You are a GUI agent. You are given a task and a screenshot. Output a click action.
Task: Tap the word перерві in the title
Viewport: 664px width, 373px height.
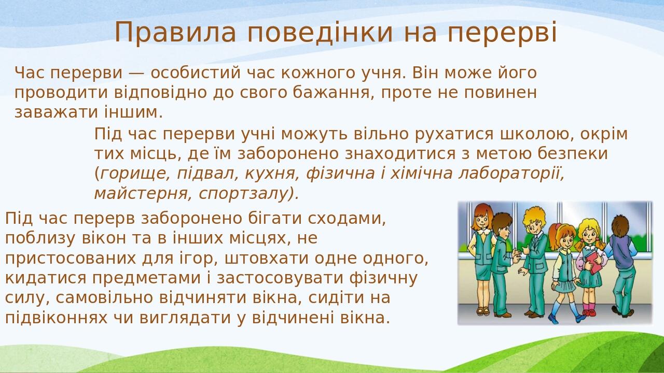[x=502, y=32]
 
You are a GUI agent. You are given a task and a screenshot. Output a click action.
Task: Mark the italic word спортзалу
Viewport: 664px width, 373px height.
[x=248, y=193]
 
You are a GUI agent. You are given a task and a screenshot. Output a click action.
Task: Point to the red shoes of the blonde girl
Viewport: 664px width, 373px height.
[x=589, y=312]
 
